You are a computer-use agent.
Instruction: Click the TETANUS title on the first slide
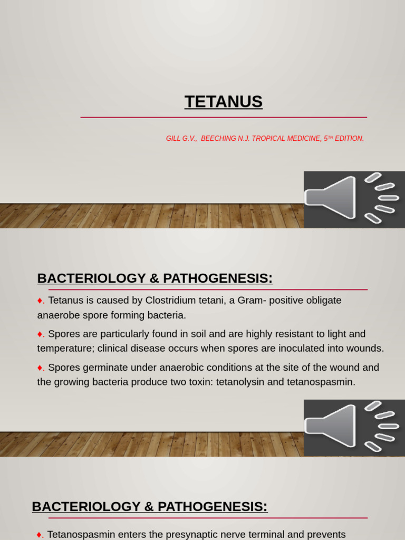tap(224, 102)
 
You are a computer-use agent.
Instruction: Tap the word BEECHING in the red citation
tap(218, 139)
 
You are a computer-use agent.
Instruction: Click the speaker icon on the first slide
tap(354, 199)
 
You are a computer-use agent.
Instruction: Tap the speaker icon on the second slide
tap(354, 428)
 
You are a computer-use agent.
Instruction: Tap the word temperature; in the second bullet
tap(66, 349)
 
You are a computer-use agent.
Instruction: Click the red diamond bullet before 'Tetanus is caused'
tap(40, 301)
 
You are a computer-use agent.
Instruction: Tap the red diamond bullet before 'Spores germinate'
tap(40, 368)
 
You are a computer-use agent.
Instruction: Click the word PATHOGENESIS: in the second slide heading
tap(218, 278)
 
